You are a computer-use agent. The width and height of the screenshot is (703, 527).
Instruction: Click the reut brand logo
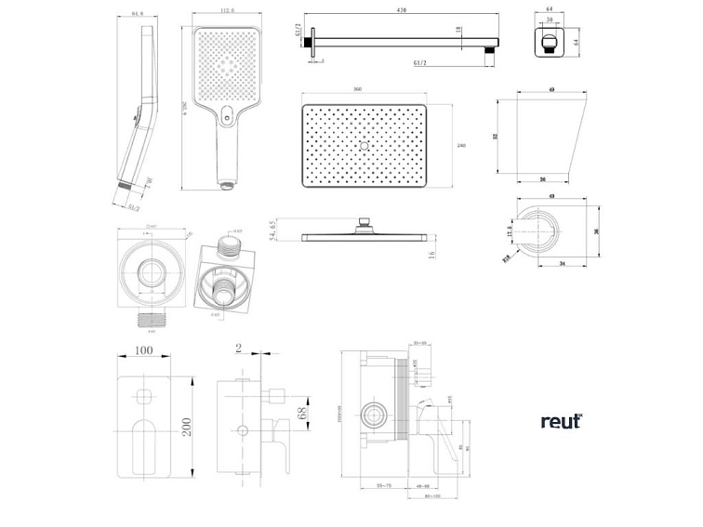click(561, 421)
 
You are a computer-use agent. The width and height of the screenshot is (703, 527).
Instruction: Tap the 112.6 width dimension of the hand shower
click(227, 12)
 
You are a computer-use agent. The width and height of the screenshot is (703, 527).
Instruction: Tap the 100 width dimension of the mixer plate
click(142, 352)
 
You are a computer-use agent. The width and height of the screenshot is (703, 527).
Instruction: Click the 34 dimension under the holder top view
click(564, 263)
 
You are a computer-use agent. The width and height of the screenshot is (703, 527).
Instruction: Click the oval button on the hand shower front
click(227, 117)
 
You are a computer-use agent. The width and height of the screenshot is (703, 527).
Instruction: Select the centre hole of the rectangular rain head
click(364, 146)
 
